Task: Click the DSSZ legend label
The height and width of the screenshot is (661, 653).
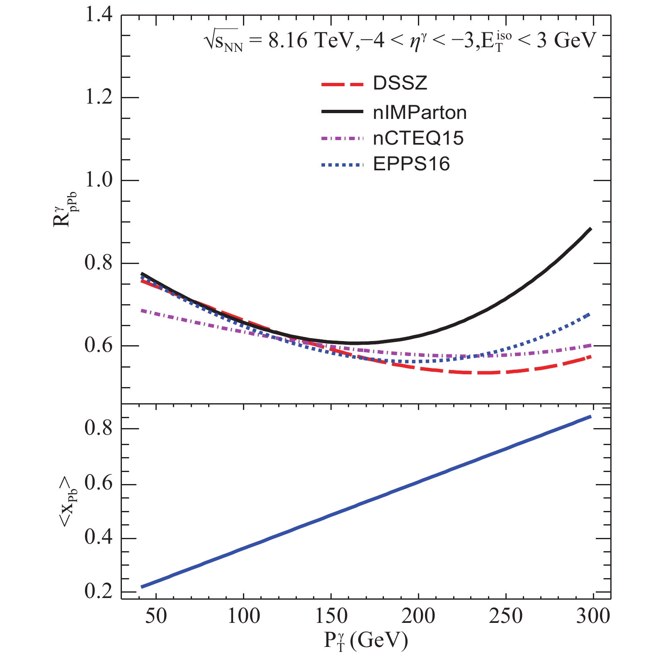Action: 400,83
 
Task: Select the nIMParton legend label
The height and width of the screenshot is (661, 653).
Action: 420,113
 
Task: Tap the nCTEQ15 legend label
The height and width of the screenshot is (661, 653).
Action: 418,138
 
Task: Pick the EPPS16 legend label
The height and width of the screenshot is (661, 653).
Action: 411,165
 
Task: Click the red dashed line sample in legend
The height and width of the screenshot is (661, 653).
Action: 342,85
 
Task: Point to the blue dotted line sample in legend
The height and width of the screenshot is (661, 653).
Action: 342,165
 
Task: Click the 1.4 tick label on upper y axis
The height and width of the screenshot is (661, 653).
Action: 99,15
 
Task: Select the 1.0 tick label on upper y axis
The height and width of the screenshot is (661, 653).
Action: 99,180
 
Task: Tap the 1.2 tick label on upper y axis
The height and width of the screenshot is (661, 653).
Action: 99,98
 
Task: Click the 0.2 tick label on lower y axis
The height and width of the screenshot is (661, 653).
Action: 99,591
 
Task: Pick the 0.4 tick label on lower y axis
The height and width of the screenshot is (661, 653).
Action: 99,538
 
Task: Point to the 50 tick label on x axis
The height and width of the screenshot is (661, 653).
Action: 156,616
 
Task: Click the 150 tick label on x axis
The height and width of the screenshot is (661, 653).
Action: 331,616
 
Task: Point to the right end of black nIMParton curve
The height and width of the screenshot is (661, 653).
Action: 590,229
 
